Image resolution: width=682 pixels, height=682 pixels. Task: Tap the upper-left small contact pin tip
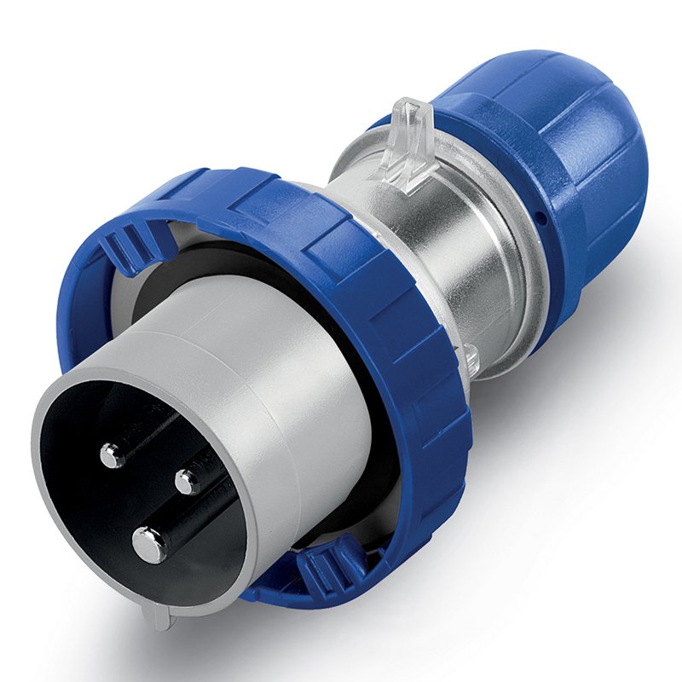pos(111,456)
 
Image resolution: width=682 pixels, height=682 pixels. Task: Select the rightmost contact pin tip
pos(187,483)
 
